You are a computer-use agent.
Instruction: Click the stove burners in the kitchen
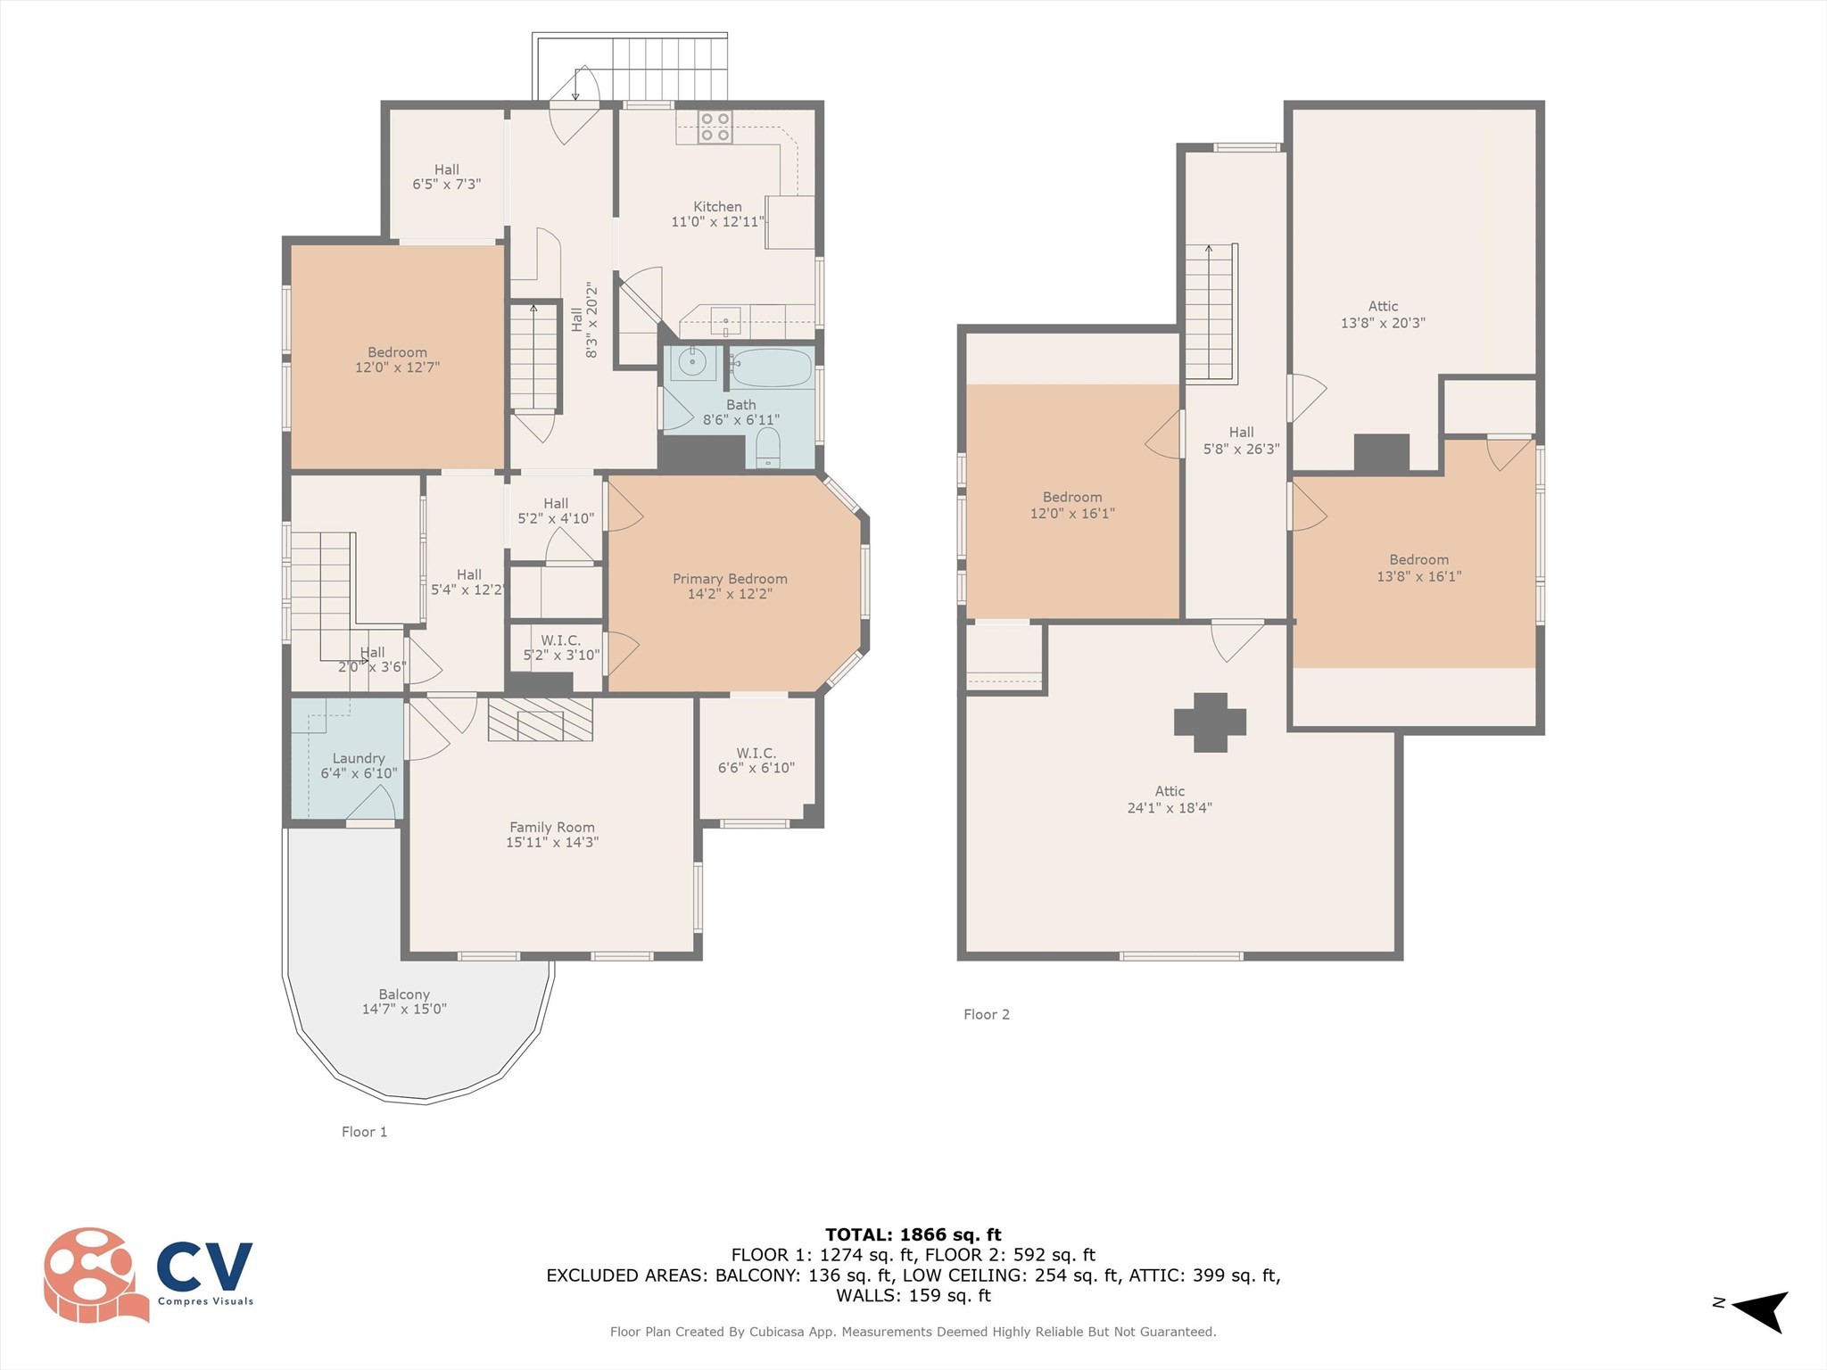pyautogui.click(x=715, y=128)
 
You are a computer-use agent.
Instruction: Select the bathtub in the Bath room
pyautogui.click(x=772, y=367)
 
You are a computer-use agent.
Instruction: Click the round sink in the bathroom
pyautogui.click(x=691, y=363)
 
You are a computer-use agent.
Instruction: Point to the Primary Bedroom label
pyautogui.click(x=730, y=579)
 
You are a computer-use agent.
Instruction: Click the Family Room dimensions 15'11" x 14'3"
pyautogui.click(x=552, y=842)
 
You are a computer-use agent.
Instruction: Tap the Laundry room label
pyautogui.click(x=359, y=765)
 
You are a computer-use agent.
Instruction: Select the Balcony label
pyautogui.click(x=404, y=1001)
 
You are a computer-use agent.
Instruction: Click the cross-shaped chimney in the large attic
pyautogui.click(x=1210, y=722)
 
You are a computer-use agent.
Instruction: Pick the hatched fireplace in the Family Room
pyautogui.click(x=540, y=719)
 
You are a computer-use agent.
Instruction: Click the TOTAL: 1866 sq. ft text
pyautogui.click(x=913, y=1234)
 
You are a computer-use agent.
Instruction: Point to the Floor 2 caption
pyautogui.click(x=986, y=1014)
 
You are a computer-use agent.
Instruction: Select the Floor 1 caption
pyautogui.click(x=364, y=1132)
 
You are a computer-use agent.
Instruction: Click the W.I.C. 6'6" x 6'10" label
pyautogui.click(x=756, y=760)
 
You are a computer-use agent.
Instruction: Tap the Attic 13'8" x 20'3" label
pyautogui.click(x=1383, y=314)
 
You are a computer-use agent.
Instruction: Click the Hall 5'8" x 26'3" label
pyautogui.click(x=1241, y=441)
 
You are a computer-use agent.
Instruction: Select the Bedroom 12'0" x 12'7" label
pyautogui.click(x=397, y=359)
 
